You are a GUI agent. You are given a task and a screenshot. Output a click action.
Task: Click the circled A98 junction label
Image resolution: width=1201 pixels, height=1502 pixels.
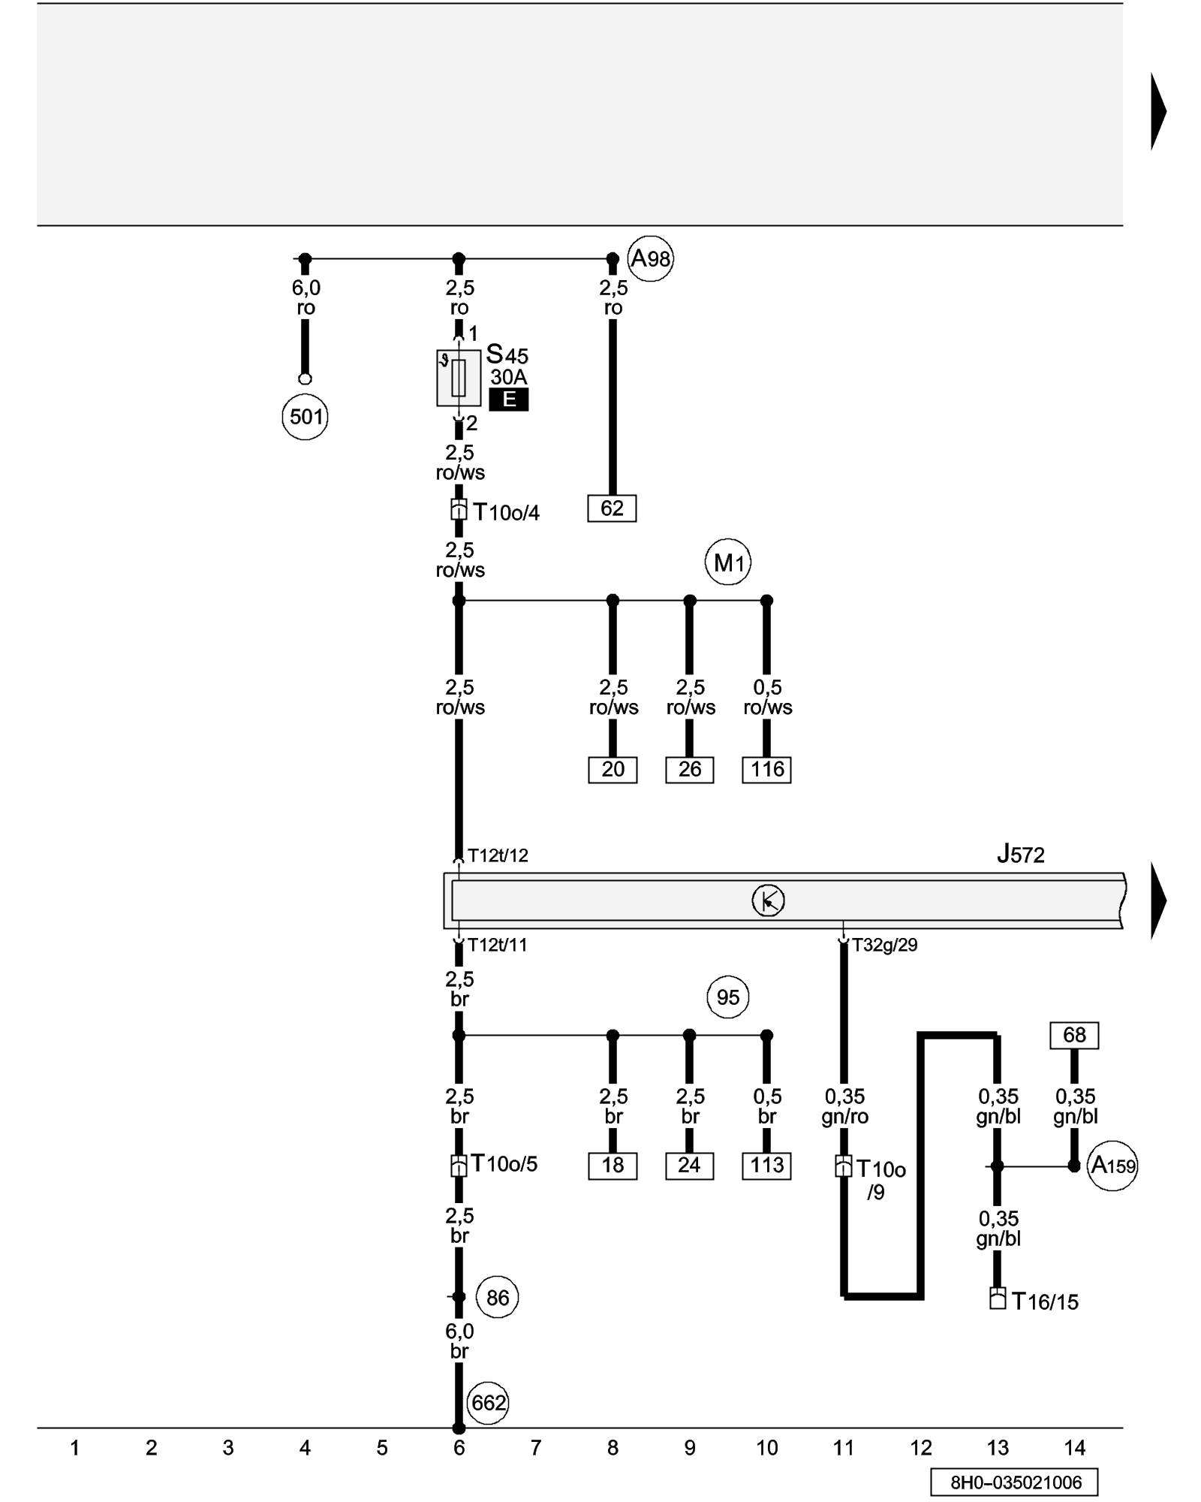coord(650,259)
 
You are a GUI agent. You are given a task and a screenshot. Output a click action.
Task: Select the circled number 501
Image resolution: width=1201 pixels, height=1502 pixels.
coord(306,417)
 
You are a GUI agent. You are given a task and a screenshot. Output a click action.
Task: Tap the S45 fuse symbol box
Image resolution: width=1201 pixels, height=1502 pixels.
coord(459,378)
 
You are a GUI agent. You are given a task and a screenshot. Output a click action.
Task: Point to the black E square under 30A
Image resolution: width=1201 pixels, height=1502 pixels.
coord(508,400)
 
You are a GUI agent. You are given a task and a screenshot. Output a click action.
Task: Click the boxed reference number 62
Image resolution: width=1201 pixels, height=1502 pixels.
coord(612,508)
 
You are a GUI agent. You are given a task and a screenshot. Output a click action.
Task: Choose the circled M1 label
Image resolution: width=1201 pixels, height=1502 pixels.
coord(728,562)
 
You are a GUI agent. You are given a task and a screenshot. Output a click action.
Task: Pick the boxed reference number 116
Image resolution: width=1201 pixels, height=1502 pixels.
coord(766,770)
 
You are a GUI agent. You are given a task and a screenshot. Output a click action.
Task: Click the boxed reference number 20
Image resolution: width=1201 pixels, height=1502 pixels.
coord(613,770)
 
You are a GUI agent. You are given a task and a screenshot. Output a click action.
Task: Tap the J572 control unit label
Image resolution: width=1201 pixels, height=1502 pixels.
coord(1020,855)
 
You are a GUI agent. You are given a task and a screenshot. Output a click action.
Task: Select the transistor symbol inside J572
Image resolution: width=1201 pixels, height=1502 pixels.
coord(768,900)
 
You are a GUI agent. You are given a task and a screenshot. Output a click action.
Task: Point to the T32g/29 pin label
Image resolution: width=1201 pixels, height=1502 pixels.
coord(884,945)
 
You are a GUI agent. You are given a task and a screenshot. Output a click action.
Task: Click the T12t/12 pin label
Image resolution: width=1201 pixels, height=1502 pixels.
coord(498,855)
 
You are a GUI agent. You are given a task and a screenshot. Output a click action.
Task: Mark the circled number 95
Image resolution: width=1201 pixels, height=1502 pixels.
coord(728,997)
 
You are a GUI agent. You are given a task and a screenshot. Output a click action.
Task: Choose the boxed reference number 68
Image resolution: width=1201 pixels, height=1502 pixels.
coord(1074,1035)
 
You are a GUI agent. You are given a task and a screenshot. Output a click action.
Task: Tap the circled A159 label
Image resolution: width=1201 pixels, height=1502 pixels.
coord(1112,1166)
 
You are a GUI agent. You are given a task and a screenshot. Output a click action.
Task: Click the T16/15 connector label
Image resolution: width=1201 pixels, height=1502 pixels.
coord(1045,1301)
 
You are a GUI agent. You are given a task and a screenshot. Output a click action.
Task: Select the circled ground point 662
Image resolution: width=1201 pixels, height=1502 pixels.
coord(488,1403)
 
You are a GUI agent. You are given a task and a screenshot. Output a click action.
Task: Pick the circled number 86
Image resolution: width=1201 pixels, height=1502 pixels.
coord(498,1297)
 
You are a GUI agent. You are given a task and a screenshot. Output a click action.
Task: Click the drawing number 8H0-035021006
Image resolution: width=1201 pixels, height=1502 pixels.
coord(1016,1482)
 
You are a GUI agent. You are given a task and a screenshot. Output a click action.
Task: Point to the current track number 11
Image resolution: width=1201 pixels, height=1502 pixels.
coord(844,1448)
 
